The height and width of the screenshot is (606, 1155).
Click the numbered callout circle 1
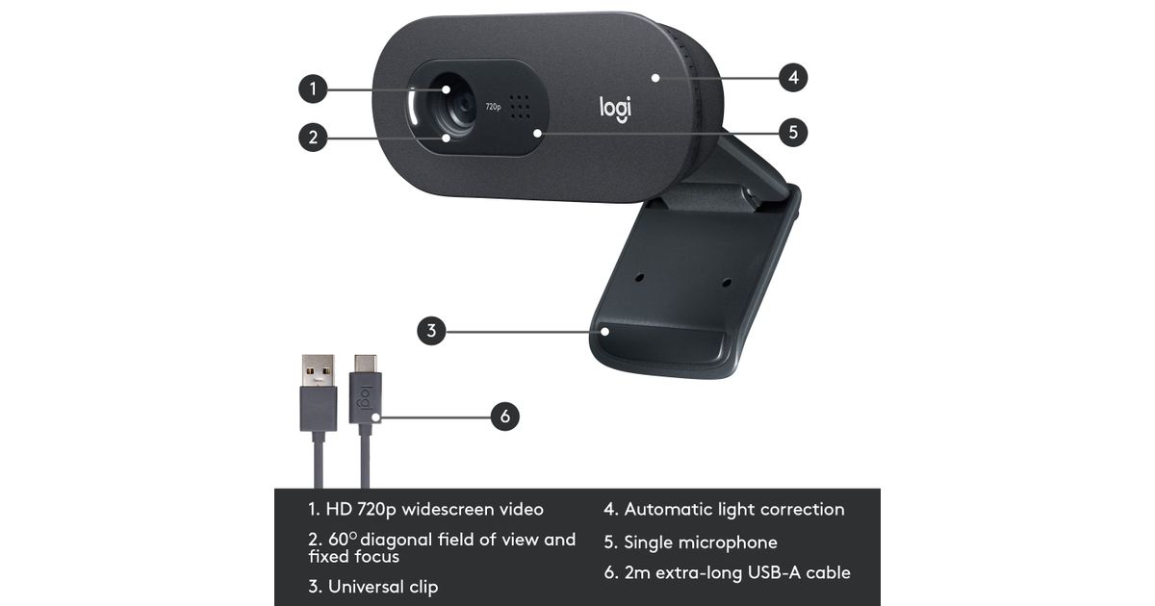click(312, 89)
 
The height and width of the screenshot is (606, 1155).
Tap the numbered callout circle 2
click(312, 137)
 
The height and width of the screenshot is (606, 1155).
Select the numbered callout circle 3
click(432, 331)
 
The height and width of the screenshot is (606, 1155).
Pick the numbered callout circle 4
click(792, 77)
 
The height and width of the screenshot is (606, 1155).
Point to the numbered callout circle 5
click(792, 132)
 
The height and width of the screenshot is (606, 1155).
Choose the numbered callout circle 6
click(504, 417)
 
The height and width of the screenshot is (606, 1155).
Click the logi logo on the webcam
click(616, 108)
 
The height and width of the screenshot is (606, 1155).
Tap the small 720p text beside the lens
click(493, 107)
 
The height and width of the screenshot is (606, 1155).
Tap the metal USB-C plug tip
click(366, 364)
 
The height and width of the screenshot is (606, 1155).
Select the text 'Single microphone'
click(700, 543)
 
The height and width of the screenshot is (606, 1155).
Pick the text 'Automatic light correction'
click(733, 510)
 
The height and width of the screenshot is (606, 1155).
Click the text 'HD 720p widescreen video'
click(435, 510)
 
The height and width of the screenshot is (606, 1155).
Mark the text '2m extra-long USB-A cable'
click(736, 573)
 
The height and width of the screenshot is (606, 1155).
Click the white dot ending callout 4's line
click(654, 77)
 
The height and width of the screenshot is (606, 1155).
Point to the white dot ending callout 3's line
click(605, 331)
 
